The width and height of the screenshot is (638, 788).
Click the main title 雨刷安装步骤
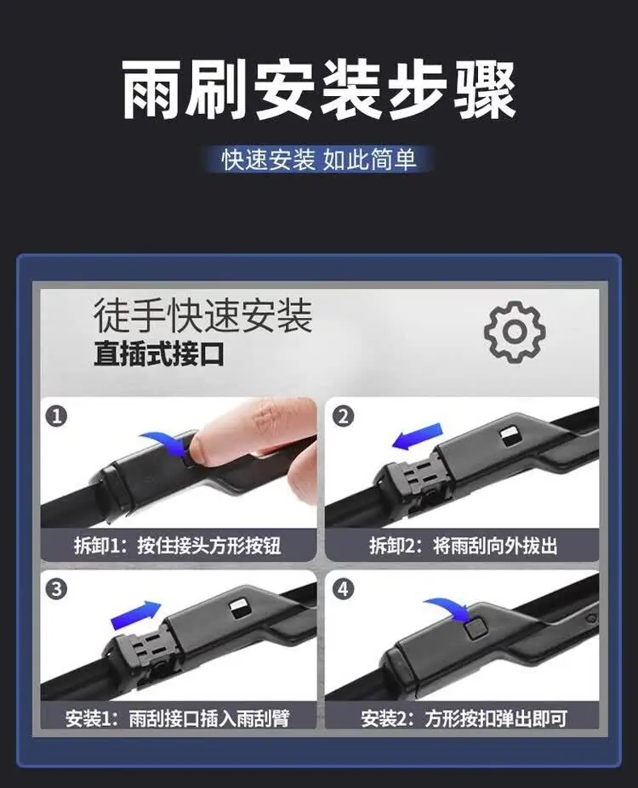tap(319, 90)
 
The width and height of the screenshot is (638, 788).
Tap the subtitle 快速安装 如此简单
tap(319, 160)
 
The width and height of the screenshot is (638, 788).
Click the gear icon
tap(515, 332)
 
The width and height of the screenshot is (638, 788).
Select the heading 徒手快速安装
tap(202, 315)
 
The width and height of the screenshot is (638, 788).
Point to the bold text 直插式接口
tap(159, 354)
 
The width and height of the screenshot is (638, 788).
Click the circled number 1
tap(56, 417)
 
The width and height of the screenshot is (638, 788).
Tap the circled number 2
tap(344, 417)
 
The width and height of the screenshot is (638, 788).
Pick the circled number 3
tap(56, 588)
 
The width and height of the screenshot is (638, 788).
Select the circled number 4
tap(344, 588)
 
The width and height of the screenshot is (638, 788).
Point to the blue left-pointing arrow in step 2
tap(417, 437)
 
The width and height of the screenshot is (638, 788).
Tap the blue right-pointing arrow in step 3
tap(135, 615)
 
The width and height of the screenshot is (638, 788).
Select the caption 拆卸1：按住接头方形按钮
tap(178, 545)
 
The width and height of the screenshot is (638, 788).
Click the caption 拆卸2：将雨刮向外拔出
tap(463, 545)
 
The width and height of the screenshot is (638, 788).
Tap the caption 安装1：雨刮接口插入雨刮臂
tap(178, 718)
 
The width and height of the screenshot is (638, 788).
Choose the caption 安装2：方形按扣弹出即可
tap(463, 718)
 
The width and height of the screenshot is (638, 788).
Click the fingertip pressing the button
tap(201, 447)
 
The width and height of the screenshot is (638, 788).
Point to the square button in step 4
tap(476, 629)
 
